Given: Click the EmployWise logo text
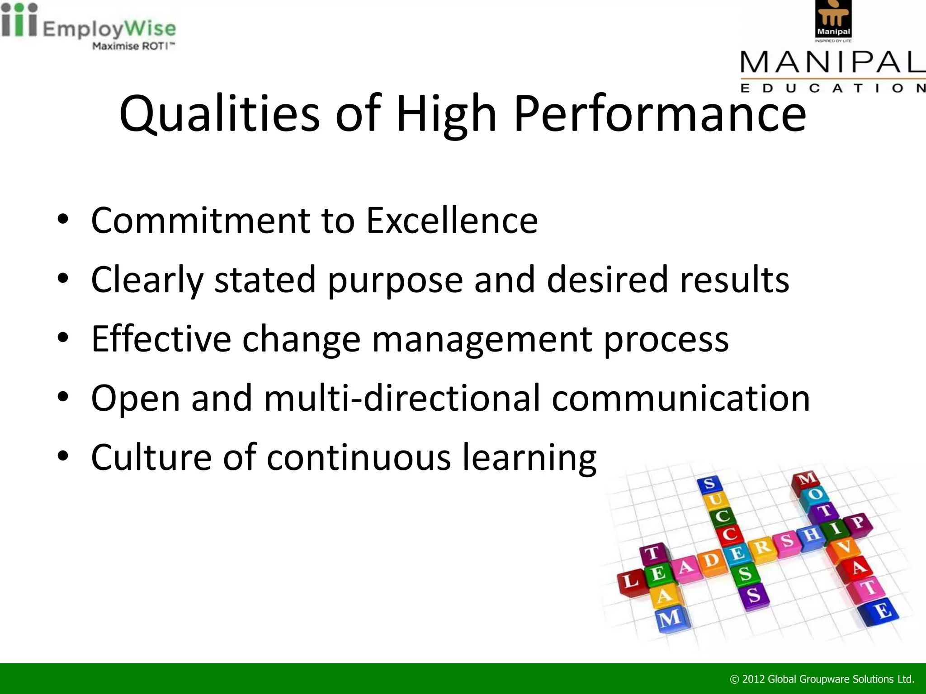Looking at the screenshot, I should [109, 29].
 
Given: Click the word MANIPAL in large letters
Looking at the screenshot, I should [832, 62].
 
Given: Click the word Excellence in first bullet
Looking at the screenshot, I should [452, 220].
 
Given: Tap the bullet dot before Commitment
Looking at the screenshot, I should [63, 220].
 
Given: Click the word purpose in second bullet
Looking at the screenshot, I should [395, 281].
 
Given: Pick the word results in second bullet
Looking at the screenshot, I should [735, 280].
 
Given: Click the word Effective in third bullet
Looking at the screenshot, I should [161, 339].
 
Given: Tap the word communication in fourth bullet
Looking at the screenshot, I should [680, 398].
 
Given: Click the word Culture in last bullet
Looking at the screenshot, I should [151, 457].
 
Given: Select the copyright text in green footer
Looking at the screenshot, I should [822, 679].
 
